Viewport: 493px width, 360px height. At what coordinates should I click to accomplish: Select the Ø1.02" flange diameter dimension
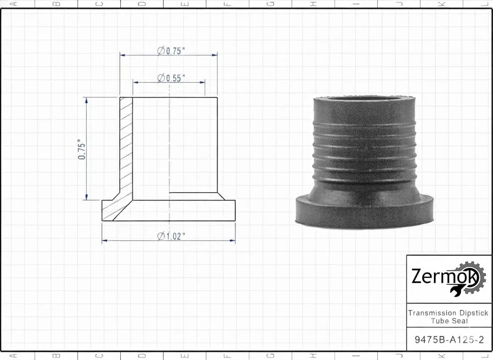point(171,236)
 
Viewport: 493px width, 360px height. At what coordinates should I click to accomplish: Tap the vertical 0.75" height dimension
point(82,149)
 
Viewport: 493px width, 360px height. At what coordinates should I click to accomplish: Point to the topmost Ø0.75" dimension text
point(171,51)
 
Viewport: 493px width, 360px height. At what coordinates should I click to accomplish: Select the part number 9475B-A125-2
point(449,340)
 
